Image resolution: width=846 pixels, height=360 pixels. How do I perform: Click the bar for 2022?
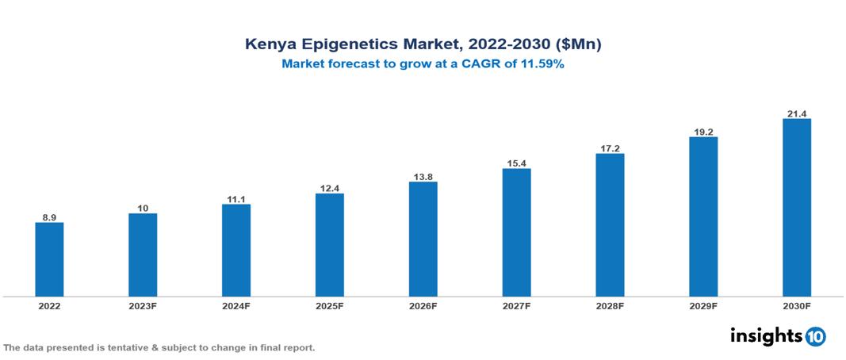(49, 259)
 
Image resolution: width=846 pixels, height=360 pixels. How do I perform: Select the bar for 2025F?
(329, 245)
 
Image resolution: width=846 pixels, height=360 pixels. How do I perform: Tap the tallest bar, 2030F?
(796, 208)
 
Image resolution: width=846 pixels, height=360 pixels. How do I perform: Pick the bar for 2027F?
(516, 232)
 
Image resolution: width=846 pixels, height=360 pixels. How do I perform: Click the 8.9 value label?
(49, 216)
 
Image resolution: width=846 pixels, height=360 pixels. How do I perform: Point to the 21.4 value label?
(796, 112)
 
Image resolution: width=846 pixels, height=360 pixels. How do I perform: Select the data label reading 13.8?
(423, 175)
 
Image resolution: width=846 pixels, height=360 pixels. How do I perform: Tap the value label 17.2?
(610, 147)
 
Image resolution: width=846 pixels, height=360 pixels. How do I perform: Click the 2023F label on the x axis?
(143, 306)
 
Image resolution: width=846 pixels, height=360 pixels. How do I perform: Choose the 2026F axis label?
(423, 306)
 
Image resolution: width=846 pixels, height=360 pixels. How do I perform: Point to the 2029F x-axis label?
(702, 306)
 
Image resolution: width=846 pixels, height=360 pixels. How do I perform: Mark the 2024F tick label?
(236, 306)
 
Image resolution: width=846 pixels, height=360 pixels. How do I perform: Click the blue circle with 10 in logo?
(815, 337)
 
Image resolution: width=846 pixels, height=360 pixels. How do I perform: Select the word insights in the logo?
(765, 335)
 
